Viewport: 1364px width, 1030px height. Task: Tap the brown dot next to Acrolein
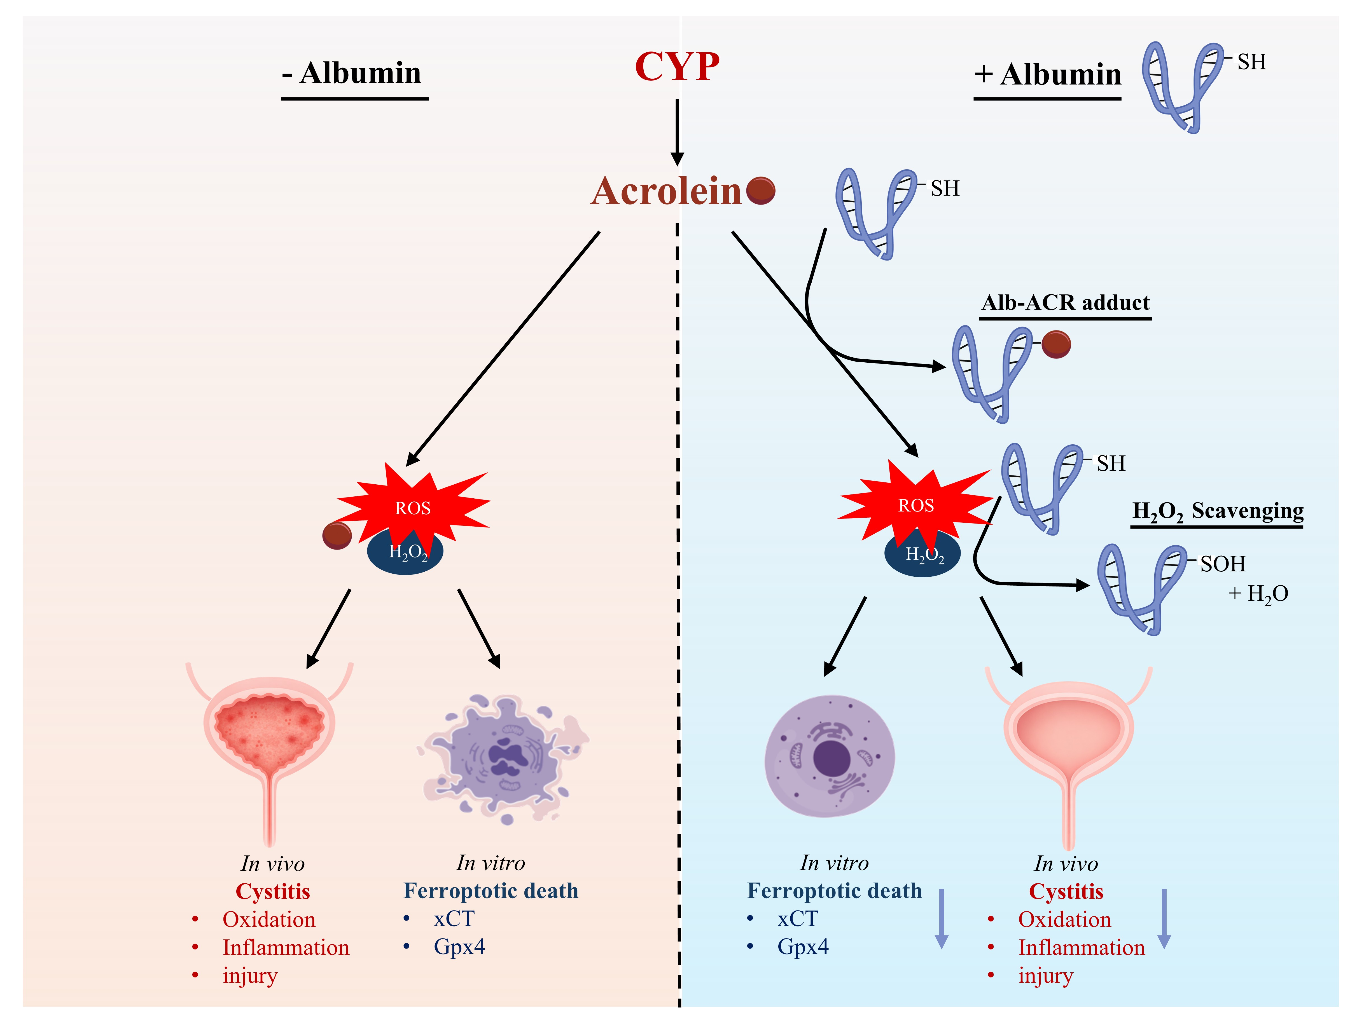pyautogui.click(x=760, y=191)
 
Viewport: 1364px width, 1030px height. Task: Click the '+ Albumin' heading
pyautogui.click(x=1047, y=75)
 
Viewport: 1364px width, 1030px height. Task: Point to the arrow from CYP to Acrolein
pyautogui.click(x=677, y=133)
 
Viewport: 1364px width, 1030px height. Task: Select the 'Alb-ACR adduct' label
pyautogui.click(x=1065, y=303)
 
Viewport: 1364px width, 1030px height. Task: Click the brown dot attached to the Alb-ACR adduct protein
pyautogui.click(x=1056, y=344)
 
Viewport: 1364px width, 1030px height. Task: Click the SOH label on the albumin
pyautogui.click(x=1223, y=563)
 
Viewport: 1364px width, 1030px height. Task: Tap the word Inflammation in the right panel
pyautogui.click(x=1081, y=947)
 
